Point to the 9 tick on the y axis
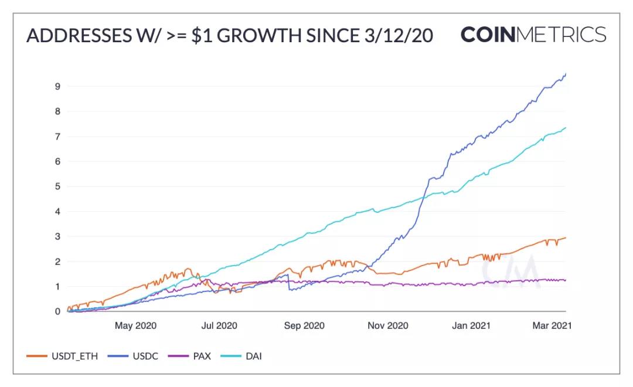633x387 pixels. coord(57,86)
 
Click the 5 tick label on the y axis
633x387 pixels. coord(57,186)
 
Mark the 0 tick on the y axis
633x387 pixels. coord(57,311)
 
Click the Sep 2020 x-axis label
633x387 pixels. coord(304,325)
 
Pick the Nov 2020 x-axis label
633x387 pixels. coord(387,325)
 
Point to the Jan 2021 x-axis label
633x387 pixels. coord(471,325)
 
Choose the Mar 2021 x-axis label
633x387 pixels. coord(551,325)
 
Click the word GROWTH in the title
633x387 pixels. coord(257,36)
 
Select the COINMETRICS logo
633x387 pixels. coord(533,35)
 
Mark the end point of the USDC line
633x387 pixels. coord(566,73)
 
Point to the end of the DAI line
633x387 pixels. coord(566,127)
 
